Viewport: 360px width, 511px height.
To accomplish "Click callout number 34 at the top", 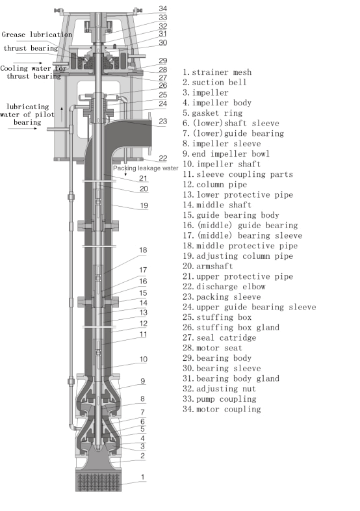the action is [x=163, y=8].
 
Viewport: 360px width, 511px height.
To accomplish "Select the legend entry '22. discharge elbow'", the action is [x=224, y=287].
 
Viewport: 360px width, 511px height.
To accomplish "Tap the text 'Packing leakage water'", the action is [x=146, y=168].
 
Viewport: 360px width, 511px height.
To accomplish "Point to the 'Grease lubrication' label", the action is [x=37, y=34].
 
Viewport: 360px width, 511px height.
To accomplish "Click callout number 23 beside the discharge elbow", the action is [x=163, y=121].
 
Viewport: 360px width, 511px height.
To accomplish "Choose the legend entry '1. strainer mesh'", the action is [x=217, y=72].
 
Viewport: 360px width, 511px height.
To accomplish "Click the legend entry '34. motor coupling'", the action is [x=222, y=409].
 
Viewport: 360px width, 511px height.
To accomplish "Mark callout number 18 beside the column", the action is [x=143, y=250].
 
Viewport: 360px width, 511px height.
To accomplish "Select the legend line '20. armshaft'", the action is [x=208, y=266].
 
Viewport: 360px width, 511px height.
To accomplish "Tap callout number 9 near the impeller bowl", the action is [x=143, y=381].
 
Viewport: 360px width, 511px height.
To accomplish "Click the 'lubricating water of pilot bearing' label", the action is [x=27, y=114].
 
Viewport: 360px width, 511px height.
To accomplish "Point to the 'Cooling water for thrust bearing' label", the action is [x=33, y=72].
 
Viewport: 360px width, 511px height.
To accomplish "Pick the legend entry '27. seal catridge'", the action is [x=219, y=337].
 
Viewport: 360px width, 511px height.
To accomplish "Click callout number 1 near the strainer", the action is [x=143, y=477].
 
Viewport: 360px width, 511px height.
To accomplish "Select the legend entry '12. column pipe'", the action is [x=214, y=185].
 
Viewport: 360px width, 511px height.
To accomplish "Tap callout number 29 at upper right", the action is [x=163, y=60].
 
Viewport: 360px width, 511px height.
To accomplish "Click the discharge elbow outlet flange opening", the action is [x=151, y=133].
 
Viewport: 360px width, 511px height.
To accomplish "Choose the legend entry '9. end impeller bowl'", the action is [x=226, y=154].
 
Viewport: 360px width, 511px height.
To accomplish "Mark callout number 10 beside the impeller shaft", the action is [x=144, y=359].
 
